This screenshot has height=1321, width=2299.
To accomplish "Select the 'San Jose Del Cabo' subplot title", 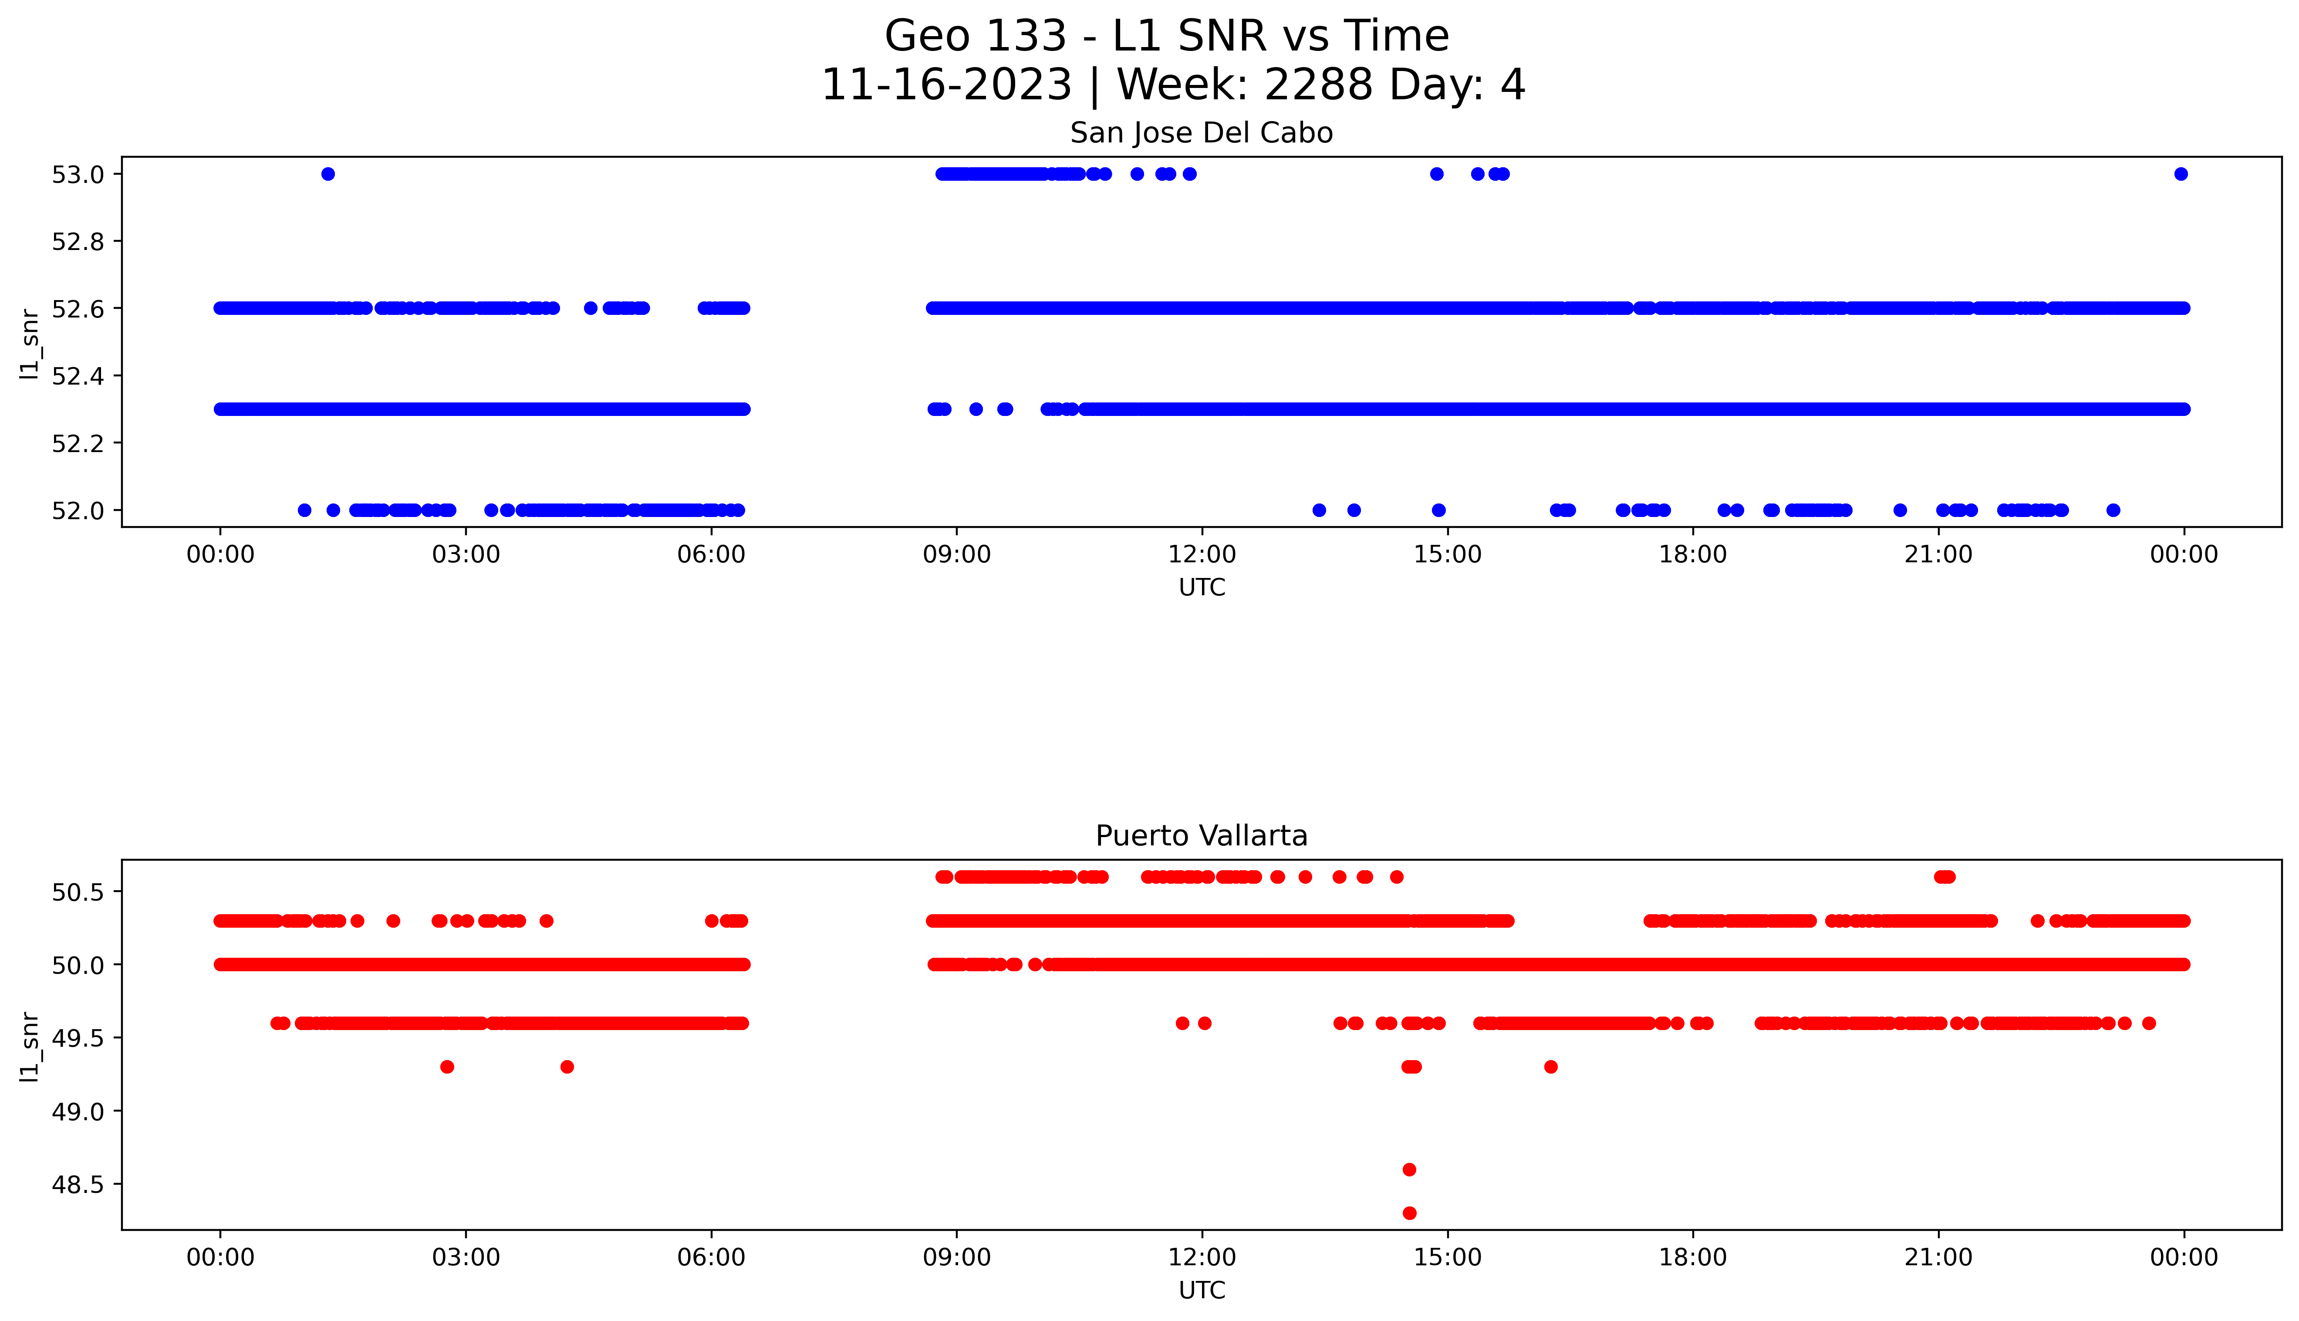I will tap(1201, 133).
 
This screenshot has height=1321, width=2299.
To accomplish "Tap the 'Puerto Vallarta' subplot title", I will tap(1201, 836).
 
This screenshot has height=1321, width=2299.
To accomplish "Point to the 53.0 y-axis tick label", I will tap(78, 174).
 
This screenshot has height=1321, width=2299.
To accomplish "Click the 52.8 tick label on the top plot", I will tap(78, 241).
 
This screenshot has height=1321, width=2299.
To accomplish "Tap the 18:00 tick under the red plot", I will tap(1692, 1257).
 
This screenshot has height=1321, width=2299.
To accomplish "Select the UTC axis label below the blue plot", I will tap(1201, 588).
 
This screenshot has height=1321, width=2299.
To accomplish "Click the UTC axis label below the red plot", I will tap(1201, 1290).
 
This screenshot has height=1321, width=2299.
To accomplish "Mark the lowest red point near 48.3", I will tap(1408, 1213).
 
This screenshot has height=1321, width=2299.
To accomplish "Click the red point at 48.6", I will tap(1408, 1169).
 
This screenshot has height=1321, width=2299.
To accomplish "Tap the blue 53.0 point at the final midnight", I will tap(2180, 174).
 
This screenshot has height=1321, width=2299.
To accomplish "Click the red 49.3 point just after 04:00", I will tap(567, 1067).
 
